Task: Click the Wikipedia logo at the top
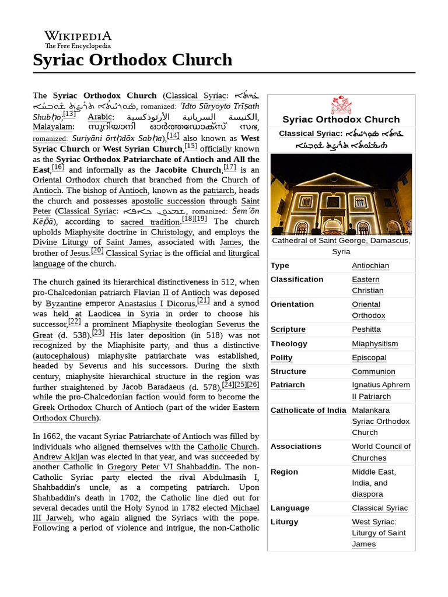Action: point(78,39)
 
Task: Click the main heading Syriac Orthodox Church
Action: point(132,60)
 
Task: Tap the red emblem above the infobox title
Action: point(341,106)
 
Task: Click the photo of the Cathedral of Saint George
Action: point(341,194)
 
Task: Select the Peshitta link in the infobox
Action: point(366,329)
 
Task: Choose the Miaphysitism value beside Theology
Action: point(374,344)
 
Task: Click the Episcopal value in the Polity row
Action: point(369,358)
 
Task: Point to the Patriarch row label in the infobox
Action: point(288,385)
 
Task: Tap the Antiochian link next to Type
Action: point(370,266)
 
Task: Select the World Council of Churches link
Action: point(381,452)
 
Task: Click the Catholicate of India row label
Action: point(308,410)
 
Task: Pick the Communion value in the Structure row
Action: point(373,371)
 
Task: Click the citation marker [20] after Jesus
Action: point(97,251)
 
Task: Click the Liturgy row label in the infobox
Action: point(284,522)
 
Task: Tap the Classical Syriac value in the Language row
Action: point(380,508)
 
